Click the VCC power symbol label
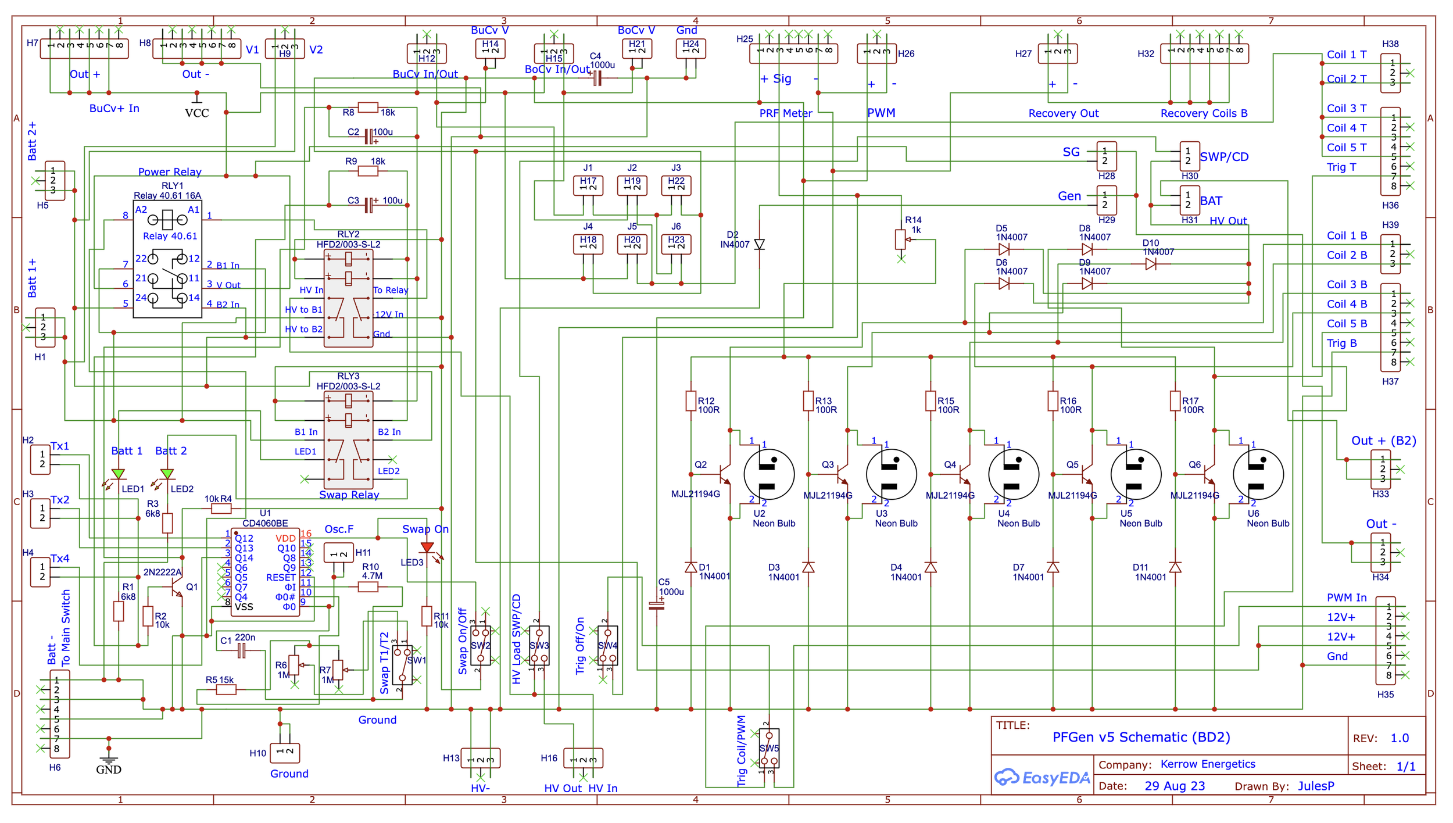(196, 113)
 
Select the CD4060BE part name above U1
(265, 524)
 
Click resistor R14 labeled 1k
(900, 239)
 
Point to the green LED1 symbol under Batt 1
(119, 474)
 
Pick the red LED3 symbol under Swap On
(427, 548)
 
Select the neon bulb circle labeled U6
(1258, 474)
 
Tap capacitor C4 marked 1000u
(597, 78)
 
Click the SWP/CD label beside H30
(1224, 157)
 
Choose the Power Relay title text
(170, 172)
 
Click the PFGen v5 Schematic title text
(1141, 737)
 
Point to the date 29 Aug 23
(1175, 786)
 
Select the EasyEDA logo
(1042, 778)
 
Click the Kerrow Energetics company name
(1208, 764)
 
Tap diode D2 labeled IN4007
(759, 244)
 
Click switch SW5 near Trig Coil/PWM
(769, 749)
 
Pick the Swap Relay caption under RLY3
(349, 495)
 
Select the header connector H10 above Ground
(285, 752)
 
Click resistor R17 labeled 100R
(1175, 401)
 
